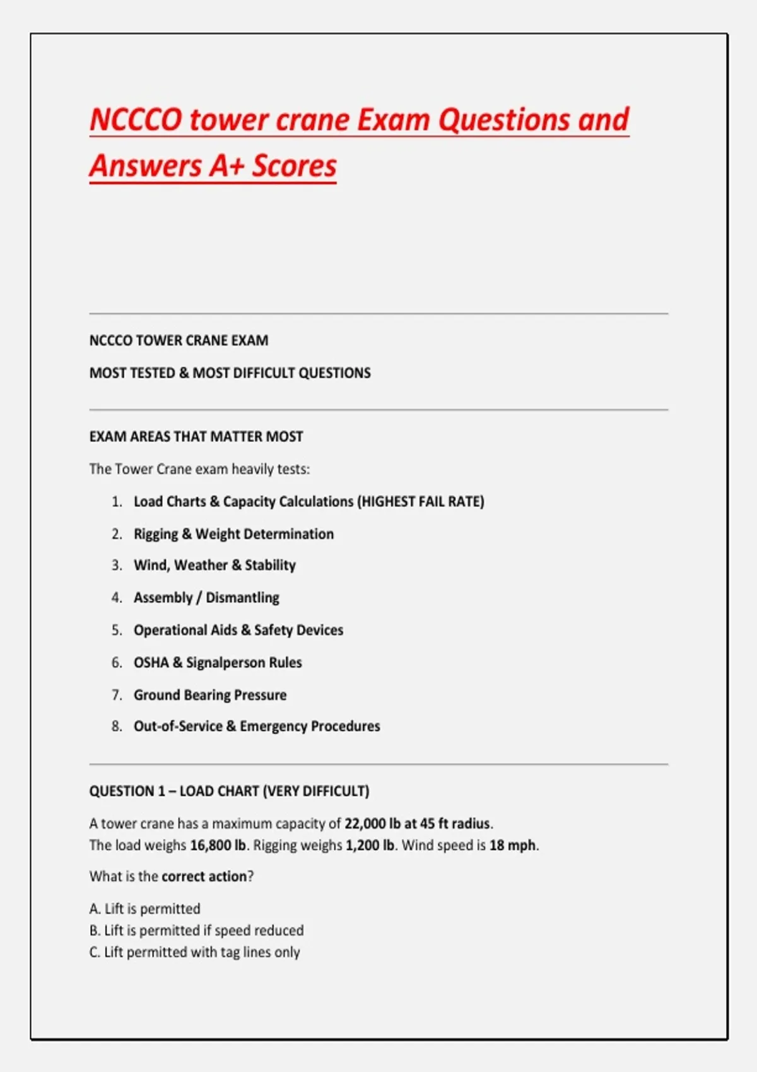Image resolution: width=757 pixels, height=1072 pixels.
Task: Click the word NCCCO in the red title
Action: pos(136,120)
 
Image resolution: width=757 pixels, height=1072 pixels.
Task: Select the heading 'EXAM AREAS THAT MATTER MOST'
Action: pos(196,436)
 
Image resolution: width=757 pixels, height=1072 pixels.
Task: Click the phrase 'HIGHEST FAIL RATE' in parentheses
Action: pos(421,501)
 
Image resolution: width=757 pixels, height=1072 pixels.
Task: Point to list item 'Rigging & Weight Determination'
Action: pos(233,534)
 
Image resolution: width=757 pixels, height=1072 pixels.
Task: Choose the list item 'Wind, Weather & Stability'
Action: pos(214,565)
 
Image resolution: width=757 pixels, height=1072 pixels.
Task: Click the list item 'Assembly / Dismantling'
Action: pos(206,598)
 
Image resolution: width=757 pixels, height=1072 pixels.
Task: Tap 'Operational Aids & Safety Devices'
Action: pos(238,630)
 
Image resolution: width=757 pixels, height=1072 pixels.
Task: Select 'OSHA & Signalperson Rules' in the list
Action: pos(218,663)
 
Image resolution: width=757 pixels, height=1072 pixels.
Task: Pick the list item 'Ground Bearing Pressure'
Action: pos(210,695)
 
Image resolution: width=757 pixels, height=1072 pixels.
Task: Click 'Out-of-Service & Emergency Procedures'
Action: pos(257,726)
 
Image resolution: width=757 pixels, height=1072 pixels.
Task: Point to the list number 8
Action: pos(117,726)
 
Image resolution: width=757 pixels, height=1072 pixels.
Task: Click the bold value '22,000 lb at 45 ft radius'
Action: pos(418,824)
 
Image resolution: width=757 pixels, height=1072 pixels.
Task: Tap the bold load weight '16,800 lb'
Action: pos(218,845)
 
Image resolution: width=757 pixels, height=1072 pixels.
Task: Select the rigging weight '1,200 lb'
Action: pos(370,845)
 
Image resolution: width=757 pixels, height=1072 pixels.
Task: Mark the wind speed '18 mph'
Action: pos(512,845)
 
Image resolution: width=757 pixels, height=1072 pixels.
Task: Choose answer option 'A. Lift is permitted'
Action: pos(145,909)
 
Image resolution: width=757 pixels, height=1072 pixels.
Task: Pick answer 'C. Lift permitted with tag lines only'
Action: pos(194,952)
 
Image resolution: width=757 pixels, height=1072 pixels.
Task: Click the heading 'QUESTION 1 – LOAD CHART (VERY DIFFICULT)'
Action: pos(229,791)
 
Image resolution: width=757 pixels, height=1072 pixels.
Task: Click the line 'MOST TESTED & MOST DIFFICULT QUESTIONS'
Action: pos(230,373)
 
